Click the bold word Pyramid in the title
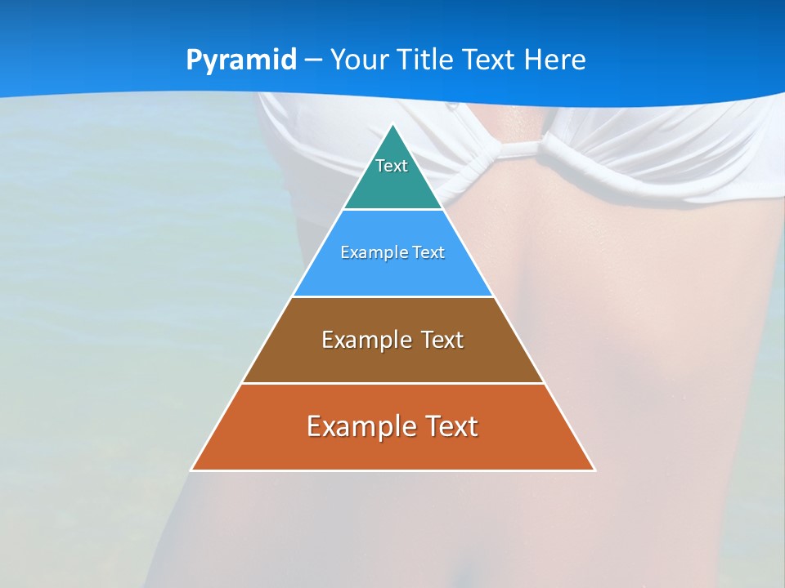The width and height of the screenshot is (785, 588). click(241, 60)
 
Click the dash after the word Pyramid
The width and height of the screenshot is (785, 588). click(312, 60)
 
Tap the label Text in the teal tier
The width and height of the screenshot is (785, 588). click(392, 166)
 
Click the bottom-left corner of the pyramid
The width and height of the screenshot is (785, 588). click(192, 470)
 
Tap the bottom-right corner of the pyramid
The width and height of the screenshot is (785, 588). click(594, 470)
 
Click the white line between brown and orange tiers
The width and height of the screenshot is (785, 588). click(393, 383)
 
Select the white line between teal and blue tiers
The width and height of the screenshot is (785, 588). click(393, 209)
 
